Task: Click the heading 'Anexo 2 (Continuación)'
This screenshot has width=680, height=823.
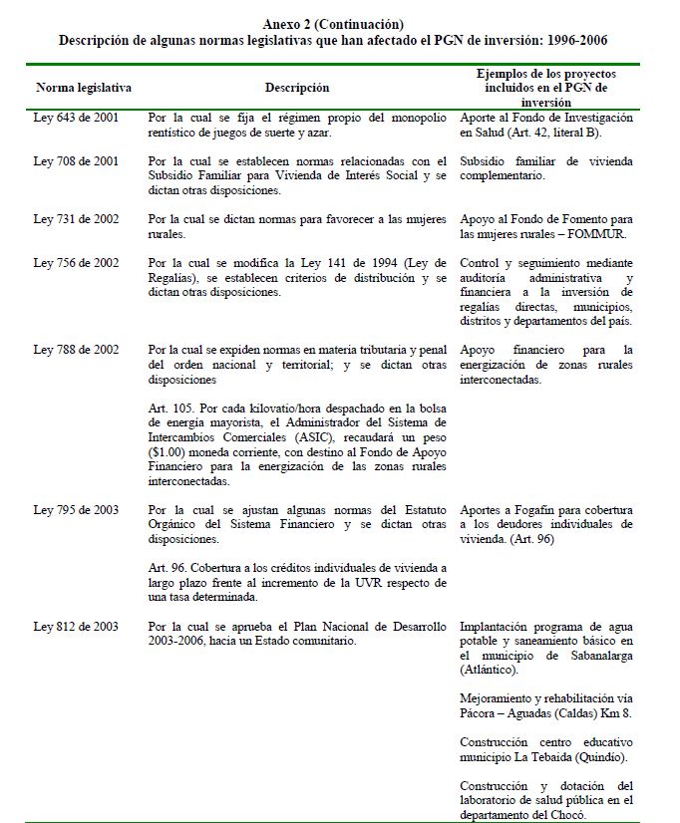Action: click(334, 23)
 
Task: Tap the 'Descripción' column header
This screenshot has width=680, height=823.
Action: click(297, 88)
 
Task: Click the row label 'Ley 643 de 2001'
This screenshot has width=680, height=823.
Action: click(77, 118)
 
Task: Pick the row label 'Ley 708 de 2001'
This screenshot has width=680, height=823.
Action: click(77, 161)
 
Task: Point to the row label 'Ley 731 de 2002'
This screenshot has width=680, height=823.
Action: click(77, 218)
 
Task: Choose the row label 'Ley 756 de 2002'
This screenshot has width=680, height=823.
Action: click(77, 263)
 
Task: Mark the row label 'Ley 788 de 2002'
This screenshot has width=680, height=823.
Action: click(77, 350)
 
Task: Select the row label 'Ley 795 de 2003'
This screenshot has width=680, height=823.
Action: click(77, 510)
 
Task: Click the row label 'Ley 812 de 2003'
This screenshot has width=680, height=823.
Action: click(77, 627)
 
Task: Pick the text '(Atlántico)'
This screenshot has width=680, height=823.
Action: click(495, 671)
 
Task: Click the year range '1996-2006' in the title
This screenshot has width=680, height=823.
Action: click(570, 41)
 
